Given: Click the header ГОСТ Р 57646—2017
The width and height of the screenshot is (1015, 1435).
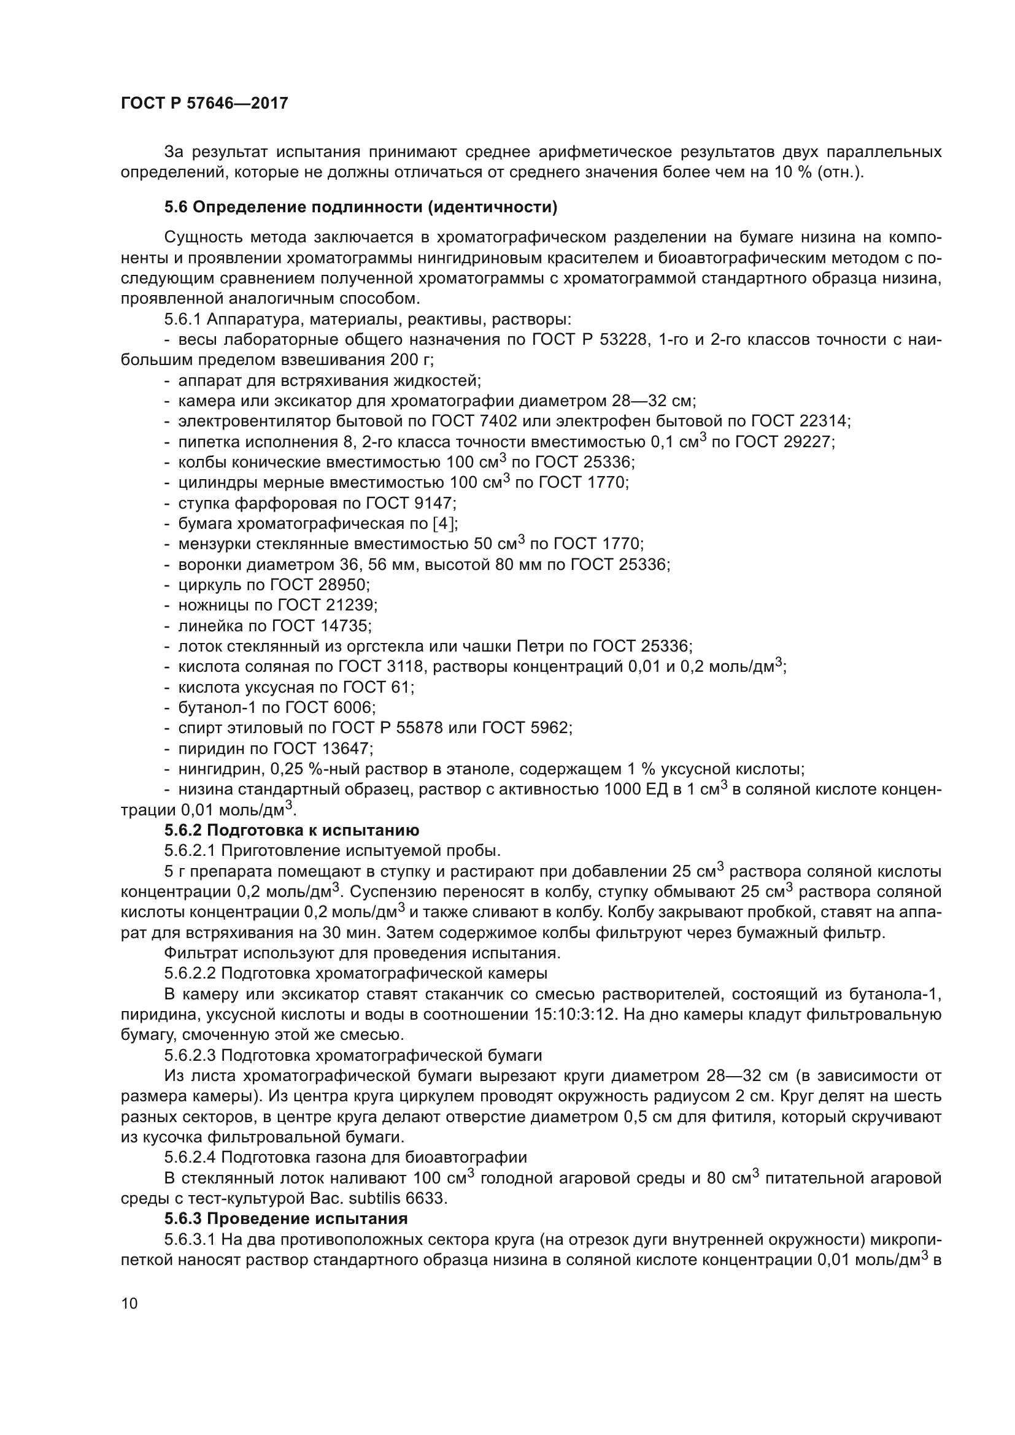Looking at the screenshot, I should point(204,104).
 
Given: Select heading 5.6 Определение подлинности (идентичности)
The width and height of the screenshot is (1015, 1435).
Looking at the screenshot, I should point(361,207).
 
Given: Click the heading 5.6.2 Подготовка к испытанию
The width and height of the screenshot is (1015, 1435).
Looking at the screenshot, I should point(291,830).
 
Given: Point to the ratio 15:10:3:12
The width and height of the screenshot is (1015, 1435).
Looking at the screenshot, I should point(571,1014).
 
